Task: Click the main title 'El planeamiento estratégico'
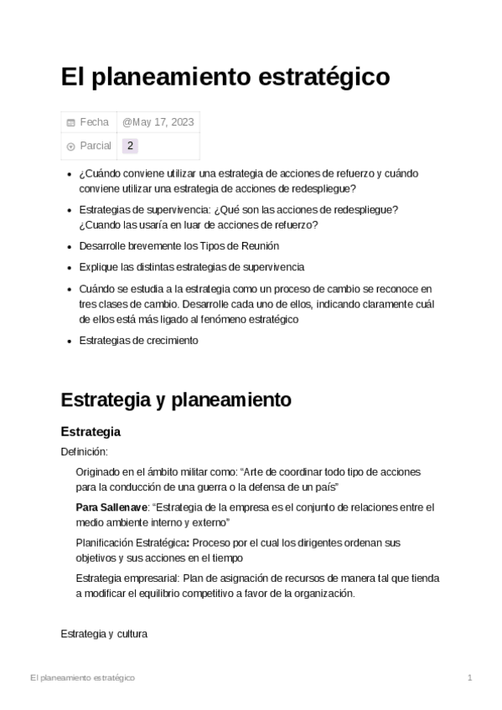point(225,77)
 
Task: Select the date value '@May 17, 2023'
point(158,122)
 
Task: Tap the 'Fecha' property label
point(94,122)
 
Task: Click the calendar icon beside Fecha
point(70,123)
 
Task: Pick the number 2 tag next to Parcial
point(130,146)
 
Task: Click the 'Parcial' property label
point(96,146)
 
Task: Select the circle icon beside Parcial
point(70,147)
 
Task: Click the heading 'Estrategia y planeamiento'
point(176,399)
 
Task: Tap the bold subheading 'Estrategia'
point(91,432)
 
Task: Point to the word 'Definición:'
point(85,452)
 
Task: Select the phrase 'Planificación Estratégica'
point(130,543)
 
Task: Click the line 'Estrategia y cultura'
point(104,634)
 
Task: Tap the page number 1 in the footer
point(470,677)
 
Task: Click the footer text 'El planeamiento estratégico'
point(82,677)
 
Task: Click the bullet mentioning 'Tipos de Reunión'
point(179,246)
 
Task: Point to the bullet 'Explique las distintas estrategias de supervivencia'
point(191,267)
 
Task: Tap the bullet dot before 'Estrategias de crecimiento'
point(69,342)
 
